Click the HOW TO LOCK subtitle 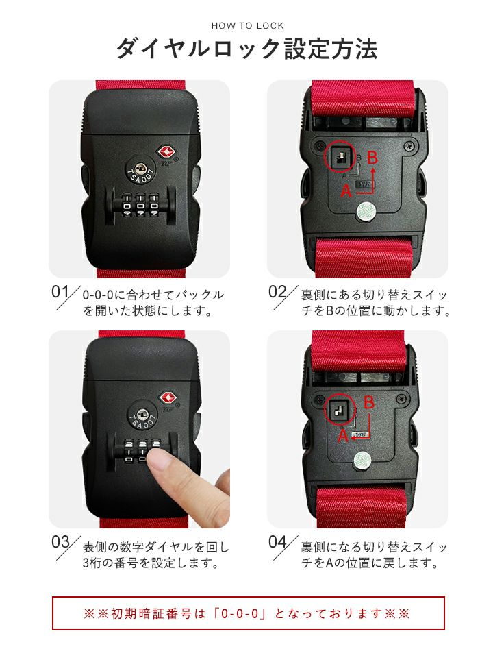pos(247,25)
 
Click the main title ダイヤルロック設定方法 pos(247,49)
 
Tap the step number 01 pos(60,291)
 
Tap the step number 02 pos(277,291)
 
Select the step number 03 pos(60,542)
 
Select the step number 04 pos(277,542)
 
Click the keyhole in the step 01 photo pos(140,168)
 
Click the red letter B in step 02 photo pos(372,158)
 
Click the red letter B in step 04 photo pos(368,402)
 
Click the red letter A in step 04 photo pos(343,436)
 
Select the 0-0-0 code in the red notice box pos(243,613)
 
